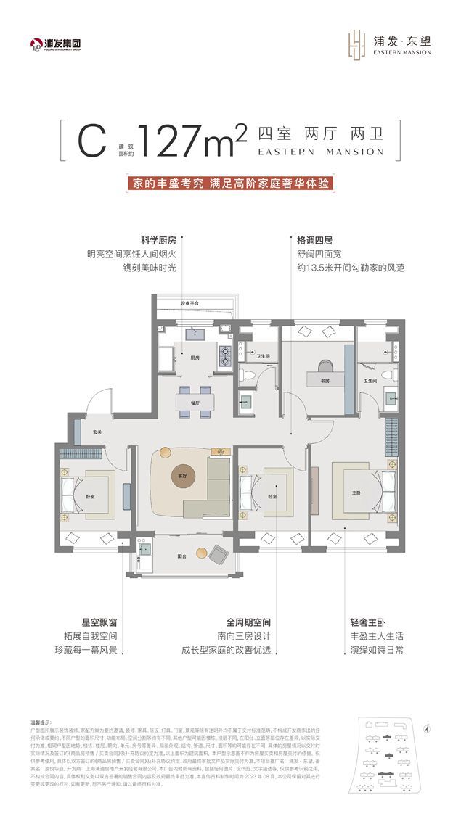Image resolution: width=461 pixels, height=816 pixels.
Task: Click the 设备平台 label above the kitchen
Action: pos(191,303)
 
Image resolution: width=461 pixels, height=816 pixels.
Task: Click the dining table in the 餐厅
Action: pos(195,402)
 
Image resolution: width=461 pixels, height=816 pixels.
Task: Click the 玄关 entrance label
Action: pos(97,431)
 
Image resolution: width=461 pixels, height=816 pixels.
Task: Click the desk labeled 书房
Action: pos(325,379)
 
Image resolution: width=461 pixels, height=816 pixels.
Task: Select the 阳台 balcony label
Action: pos(182,556)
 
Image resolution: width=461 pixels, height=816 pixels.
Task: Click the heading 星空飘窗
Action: pos(100,622)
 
